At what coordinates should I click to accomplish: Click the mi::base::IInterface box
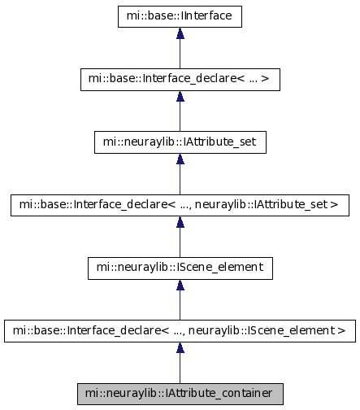coord(180,16)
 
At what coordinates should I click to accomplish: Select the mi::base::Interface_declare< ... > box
coord(180,80)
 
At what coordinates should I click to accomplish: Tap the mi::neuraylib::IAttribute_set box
coord(180,142)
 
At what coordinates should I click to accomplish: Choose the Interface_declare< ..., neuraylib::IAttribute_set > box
coord(180,205)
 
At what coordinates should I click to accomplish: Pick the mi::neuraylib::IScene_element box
coord(180,268)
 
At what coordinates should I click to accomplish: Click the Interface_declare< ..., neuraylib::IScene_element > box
coord(180,331)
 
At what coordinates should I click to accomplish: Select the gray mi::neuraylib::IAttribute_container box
coord(180,394)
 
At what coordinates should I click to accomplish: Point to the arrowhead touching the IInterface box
coord(180,33)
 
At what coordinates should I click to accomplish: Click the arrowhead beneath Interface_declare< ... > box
coord(180,96)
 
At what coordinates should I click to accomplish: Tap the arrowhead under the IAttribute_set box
coord(180,159)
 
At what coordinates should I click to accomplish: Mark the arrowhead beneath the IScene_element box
coord(180,285)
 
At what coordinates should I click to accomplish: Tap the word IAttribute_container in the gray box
coord(219,394)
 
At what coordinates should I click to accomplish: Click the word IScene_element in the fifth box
coord(219,268)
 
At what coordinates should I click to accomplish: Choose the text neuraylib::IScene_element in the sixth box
coord(258,331)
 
